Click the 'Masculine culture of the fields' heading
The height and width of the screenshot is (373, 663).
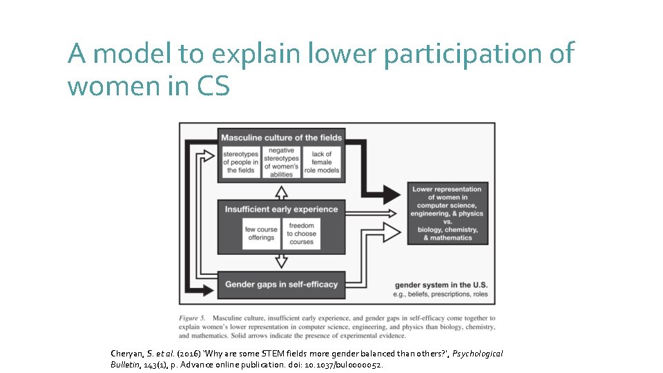pyautogui.click(x=281, y=137)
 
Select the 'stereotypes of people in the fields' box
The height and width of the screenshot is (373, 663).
pyautogui.click(x=240, y=162)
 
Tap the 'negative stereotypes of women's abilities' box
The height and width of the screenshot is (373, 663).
pyautogui.click(x=281, y=162)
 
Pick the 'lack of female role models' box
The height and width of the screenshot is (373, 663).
pyautogui.click(x=322, y=162)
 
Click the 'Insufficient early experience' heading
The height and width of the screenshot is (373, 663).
pyautogui.click(x=281, y=209)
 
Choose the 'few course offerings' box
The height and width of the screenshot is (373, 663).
pyautogui.click(x=261, y=233)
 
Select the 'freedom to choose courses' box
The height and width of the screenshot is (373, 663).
pyautogui.click(x=301, y=233)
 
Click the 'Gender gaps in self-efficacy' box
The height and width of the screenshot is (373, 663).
pyautogui.click(x=281, y=285)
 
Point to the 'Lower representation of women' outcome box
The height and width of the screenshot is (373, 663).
pyautogui.click(x=447, y=213)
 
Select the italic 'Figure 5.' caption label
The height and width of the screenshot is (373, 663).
pyautogui.click(x=194, y=318)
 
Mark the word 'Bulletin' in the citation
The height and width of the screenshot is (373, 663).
pyautogui.click(x=126, y=364)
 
